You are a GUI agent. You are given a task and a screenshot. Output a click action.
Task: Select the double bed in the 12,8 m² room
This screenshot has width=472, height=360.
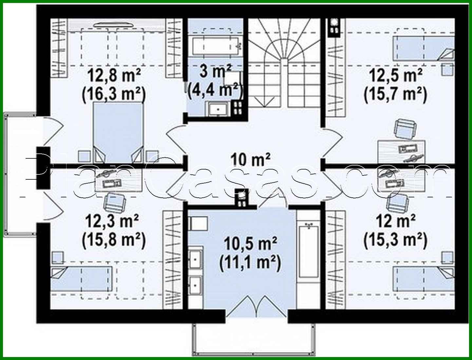pos(118,131)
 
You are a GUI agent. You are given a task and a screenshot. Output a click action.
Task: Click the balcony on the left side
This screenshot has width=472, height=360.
pos(20,174)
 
